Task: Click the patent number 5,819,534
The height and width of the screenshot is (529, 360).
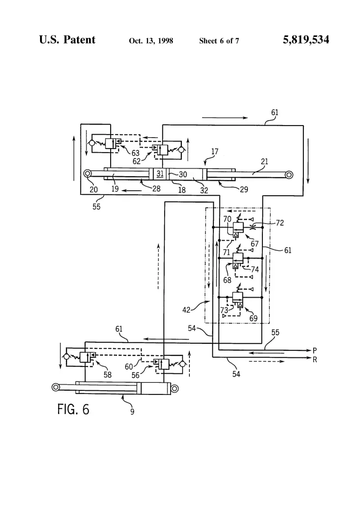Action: click(x=306, y=40)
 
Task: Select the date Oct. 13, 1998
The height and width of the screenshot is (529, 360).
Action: click(x=151, y=41)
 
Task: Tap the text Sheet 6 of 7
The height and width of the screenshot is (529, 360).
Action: click(x=219, y=41)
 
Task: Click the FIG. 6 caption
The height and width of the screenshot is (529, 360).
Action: click(x=73, y=409)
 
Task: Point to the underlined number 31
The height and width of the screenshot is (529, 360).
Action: click(x=160, y=174)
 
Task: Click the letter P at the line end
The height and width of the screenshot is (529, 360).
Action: click(x=315, y=350)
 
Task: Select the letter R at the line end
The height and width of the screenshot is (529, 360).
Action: click(x=315, y=360)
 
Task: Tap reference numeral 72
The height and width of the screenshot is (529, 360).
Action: click(x=280, y=223)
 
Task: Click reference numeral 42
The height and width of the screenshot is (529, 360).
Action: click(x=186, y=309)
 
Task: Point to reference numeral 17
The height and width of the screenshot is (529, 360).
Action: click(x=215, y=152)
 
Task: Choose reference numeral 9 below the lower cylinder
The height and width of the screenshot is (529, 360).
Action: click(x=132, y=412)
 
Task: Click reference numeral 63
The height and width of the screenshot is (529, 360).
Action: click(x=135, y=153)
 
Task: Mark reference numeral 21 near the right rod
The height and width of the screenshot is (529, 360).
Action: click(x=264, y=161)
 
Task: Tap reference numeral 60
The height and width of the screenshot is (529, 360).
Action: click(x=129, y=366)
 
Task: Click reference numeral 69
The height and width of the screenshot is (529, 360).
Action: click(x=253, y=318)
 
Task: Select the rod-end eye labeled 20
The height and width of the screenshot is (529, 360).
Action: click(x=87, y=174)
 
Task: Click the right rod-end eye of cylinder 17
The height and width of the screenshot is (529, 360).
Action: click(x=289, y=175)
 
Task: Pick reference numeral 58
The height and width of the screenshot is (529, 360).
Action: click(x=107, y=374)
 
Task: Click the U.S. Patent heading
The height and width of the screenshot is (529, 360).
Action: click(x=67, y=40)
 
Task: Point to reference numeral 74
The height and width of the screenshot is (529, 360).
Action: click(x=255, y=269)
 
